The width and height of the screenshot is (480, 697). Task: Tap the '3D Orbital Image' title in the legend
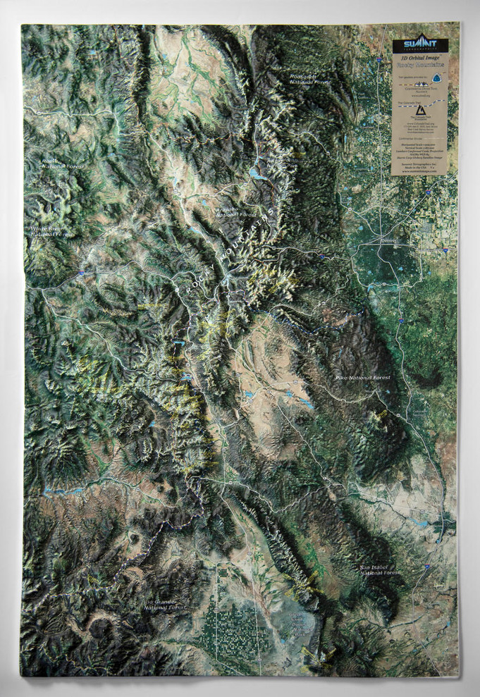point(420,56)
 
